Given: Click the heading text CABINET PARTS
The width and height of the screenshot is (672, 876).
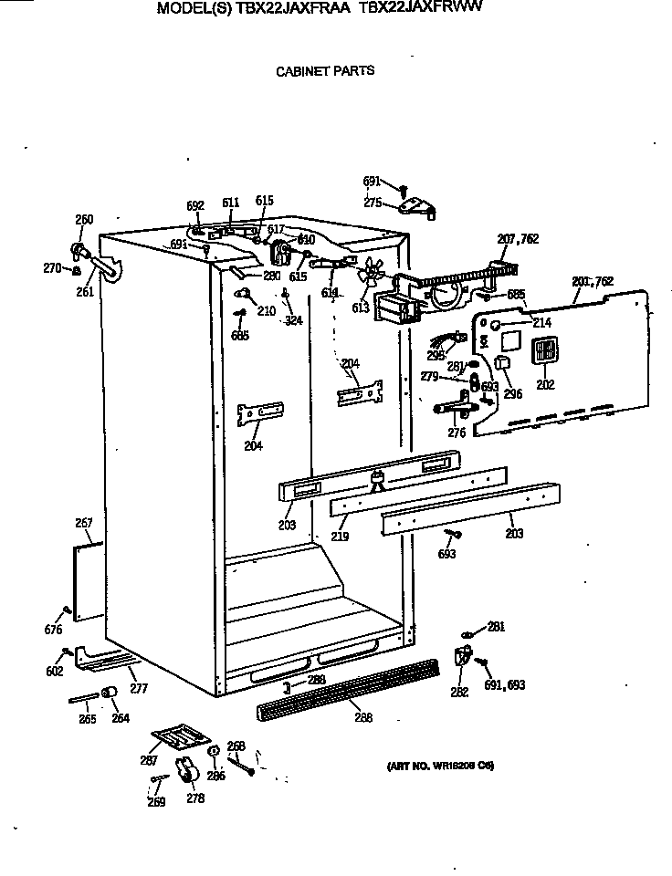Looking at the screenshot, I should (x=325, y=70).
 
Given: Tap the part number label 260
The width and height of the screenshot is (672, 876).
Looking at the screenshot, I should (x=84, y=219).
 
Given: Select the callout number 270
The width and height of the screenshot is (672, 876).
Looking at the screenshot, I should (x=51, y=268).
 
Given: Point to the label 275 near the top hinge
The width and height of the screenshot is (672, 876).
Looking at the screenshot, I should (x=373, y=203).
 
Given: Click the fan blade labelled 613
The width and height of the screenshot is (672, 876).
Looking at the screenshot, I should (x=370, y=272).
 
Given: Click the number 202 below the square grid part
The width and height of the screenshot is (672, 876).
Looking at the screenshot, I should (x=545, y=385).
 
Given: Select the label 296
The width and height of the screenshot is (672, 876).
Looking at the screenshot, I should (x=512, y=394).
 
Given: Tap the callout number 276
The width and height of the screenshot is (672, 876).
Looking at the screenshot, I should (x=457, y=433).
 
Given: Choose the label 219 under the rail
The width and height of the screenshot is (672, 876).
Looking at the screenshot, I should (x=340, y=537).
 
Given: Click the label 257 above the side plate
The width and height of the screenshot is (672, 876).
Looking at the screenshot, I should (x=84, y=524).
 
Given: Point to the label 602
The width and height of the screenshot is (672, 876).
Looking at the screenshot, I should (x=54, y=672).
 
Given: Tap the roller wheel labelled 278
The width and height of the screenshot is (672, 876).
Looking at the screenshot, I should (x=190, y=774).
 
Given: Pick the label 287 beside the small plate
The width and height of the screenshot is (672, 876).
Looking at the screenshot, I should (x=148, y=760).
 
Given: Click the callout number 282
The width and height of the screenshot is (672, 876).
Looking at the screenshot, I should (x=459, y=693).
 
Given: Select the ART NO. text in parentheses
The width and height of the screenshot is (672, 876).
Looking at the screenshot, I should (x=435, y=766).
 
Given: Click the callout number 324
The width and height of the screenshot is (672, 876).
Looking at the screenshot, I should (x=292, y=320).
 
